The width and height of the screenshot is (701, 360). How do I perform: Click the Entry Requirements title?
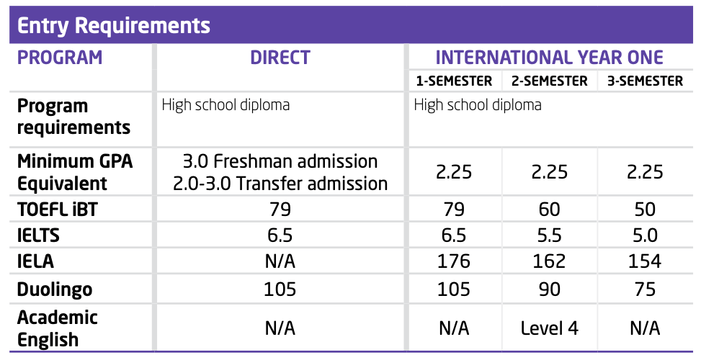coord(114,25)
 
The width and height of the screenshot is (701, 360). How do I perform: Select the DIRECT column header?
coord(280,58)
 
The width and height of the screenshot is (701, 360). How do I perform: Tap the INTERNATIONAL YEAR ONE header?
coord(549,58)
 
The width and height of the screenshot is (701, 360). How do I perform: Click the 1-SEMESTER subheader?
coord(454,81)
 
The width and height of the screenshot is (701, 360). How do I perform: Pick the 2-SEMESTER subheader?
coord(549,81)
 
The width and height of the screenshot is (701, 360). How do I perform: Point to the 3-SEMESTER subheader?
coord(645,81)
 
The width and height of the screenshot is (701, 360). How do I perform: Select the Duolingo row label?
coord(55,289)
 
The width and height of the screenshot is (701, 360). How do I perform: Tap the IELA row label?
coord(35,262)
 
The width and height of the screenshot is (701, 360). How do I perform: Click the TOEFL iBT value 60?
coord(549,210)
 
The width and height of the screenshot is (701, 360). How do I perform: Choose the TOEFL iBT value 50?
coord(645,210)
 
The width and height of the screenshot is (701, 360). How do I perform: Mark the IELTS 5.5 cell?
coord(549,235)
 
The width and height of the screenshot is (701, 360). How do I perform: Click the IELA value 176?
coord(454,262)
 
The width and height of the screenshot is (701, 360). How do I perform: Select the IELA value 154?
coord(645,262)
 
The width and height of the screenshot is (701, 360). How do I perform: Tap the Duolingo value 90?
coord(549,289)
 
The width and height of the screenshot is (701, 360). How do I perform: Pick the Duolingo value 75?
coord(645,289)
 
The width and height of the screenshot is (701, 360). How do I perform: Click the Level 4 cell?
coord(549,328)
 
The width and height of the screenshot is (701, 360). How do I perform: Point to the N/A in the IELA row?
coord(280,262)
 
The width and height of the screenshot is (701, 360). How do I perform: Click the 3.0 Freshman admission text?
coord(280,161)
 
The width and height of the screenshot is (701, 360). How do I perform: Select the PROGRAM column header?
coord(60,58)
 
